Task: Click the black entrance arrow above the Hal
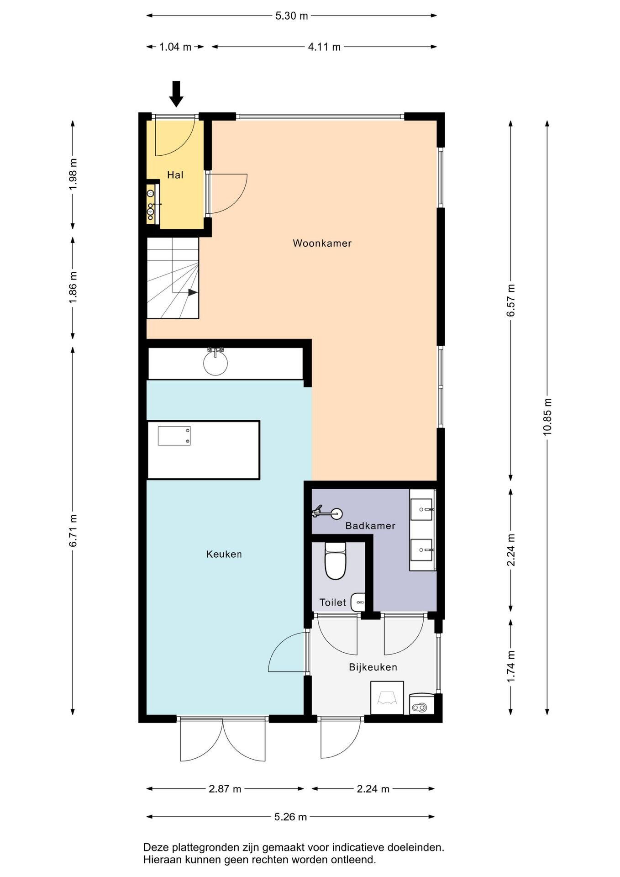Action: (176, 94)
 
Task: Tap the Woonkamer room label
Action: (322, 243)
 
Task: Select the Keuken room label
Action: (224, 554)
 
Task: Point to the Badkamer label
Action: (370, 526)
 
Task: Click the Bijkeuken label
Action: (373, 667)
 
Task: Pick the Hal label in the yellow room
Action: (175, 174)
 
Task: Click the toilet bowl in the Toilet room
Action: (336, 560)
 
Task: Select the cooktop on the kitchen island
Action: (174, 436)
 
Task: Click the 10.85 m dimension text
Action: (547, 417)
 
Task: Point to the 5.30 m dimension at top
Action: (292, 16)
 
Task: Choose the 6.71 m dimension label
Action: (73, 530)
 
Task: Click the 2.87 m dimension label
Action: (225, 789)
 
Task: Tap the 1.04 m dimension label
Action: (175, 47)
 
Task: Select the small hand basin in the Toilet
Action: (358, 602)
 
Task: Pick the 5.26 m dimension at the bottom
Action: (291, 817)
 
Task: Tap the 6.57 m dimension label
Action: (511, 300)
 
